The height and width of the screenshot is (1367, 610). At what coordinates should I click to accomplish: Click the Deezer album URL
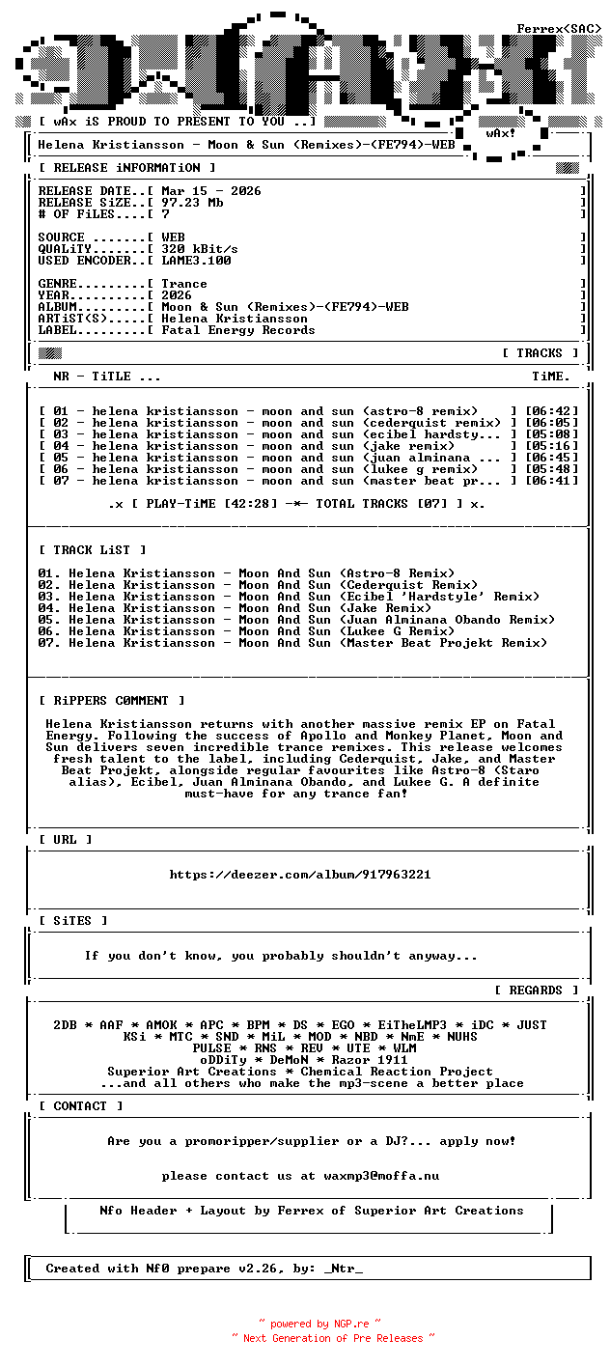pyautogui.click(x=299, y=875)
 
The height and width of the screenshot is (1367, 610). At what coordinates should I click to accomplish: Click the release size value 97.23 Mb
pyautogui.click(x=192, y=203)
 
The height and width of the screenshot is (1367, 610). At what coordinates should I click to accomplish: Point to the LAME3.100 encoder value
pyautogui.click(x=196, y=261)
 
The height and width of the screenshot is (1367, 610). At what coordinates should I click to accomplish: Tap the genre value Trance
pyautogui.click(x=184, y=284)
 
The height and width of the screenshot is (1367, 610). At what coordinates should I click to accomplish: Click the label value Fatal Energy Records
pyautogui.click(x=238, y=330)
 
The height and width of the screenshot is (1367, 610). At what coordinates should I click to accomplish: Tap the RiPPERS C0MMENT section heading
pyautogui.click(x=111, y=701)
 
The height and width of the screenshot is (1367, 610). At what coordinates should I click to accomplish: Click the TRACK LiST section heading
pyautogui.click(x=92, y=550)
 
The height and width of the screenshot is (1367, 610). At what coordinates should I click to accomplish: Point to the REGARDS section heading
pyautogui.click(x=536, y=990)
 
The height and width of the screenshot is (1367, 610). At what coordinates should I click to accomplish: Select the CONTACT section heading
pyautogui.click(x=80, y=1106)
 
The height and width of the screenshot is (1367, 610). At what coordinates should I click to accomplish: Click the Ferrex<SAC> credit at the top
pyautogui.click(x=559, y=29)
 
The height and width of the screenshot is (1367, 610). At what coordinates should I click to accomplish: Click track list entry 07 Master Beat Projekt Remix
pyautogui.click(x=292, y=643)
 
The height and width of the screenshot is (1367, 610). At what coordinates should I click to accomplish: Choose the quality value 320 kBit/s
pyautogui.click(x=200, y=249)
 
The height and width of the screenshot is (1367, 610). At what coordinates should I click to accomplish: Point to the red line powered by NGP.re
pyautogui.click(x=319, y=1324)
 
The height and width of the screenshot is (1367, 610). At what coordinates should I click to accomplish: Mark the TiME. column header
pyautogui.click(x=551, y=377)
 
